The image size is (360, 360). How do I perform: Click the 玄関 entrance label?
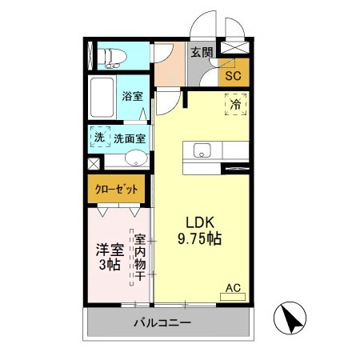202,54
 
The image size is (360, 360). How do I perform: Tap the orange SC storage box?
233,76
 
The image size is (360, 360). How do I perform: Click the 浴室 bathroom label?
132,96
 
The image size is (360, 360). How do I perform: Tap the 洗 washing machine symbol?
100,138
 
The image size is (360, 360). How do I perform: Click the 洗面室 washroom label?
130,138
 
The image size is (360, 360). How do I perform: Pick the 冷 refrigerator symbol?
236,103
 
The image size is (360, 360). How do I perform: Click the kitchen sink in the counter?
200,150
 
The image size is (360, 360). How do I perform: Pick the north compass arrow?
292,320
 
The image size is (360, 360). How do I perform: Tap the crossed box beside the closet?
94,163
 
